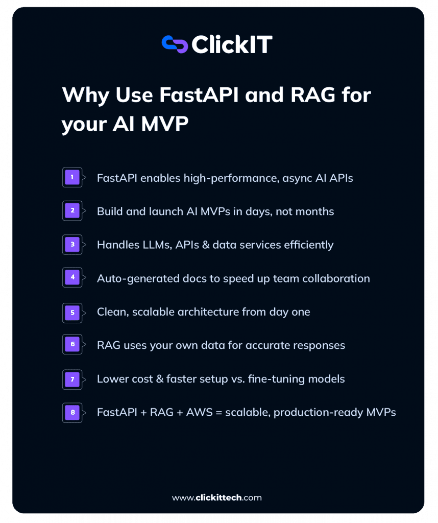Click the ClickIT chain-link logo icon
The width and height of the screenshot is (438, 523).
[175, 44]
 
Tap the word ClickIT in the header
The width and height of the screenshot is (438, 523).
[232, 44]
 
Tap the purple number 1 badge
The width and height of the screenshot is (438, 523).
[72, 177]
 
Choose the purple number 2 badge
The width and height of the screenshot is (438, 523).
[72, 211]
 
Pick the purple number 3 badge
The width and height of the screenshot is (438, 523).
[72, 245]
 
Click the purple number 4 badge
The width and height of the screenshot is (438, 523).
[72, 278]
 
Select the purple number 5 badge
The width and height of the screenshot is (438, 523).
[72, 312]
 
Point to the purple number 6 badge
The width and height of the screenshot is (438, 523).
[72, 345]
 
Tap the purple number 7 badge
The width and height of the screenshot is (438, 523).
[72, 379]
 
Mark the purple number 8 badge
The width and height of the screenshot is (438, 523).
[72, 412]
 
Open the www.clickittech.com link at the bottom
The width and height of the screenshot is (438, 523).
[217, 497]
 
